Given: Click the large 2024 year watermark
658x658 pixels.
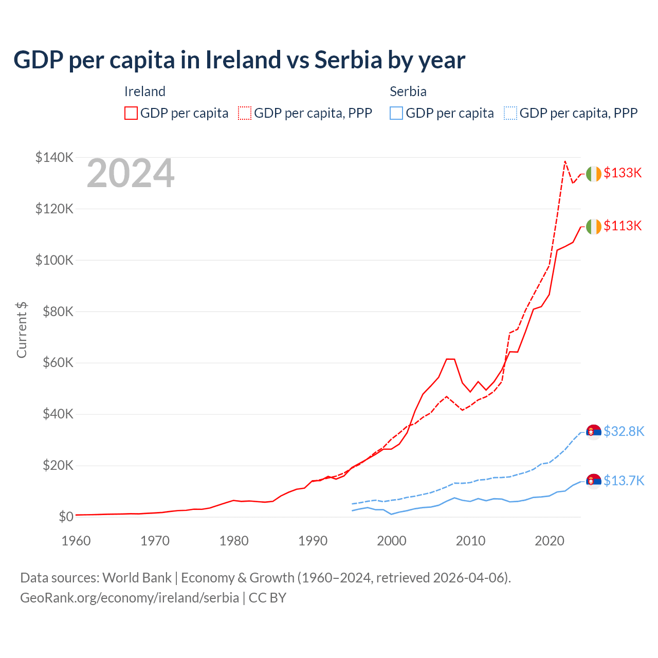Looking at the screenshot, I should (x=131, y=173).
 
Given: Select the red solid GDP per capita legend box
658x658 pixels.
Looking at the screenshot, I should (x=131, y=113).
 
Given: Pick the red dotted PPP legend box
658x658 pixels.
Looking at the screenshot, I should (x=245, y=113).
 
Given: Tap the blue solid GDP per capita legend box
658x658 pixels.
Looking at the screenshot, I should (x=396, y=113).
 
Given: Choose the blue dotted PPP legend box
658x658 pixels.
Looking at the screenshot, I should (x=510, y=113).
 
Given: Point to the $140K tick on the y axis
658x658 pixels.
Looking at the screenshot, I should (x=54, y=157).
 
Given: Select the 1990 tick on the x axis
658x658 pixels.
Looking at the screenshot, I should (x=313, y=541).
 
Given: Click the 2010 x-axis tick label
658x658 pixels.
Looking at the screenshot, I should (x=471, y=541).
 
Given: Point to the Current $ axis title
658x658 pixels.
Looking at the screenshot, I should (x=22, y=330).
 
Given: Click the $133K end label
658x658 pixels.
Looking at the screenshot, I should (x=623, y=173).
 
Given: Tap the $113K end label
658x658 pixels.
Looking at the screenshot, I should (x=623, y=226).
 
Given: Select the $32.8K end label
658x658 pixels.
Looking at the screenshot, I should (x=624, y=431).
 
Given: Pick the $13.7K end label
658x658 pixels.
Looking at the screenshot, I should (x=624, y=481).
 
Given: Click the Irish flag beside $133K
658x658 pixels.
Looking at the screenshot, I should (x=594, y=174).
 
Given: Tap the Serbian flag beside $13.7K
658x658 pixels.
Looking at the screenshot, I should (x=594, y=481).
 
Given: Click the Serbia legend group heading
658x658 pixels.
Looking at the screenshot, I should (x=408, y=92).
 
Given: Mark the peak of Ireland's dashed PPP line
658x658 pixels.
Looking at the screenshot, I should (x=565, y=161).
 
